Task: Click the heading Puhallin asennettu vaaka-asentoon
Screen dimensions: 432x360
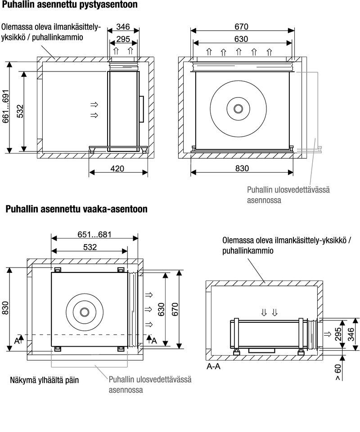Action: (x=76, y=209)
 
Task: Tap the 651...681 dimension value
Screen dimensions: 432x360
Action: (x=94, y=234)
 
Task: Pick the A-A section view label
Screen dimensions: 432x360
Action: (x=213, y=366)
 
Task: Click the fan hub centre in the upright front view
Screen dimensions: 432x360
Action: (x=238, y=108)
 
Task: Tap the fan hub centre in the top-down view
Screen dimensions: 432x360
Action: (x=85, y=312)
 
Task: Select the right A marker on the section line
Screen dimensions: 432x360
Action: (x=154, y=341)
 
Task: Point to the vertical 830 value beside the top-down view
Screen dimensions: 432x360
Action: (x=5, y=310)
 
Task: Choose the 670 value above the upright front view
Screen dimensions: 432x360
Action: (x=242, y=27)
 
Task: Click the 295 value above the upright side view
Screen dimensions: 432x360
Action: (x=123, y=39)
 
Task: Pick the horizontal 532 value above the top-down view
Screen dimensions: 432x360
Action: (x=89, y=247)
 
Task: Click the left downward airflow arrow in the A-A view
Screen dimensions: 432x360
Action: (x=264, y=312)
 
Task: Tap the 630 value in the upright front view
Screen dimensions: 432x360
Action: (x=242, y=39)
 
